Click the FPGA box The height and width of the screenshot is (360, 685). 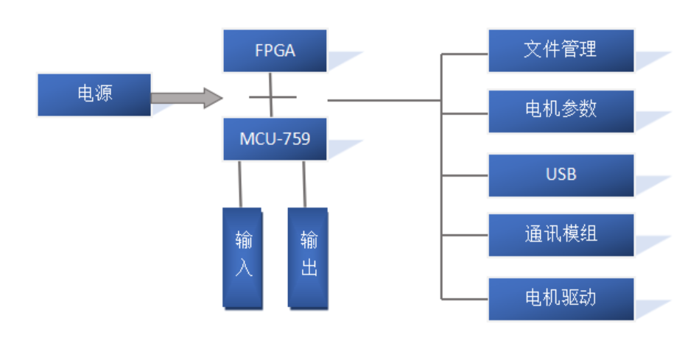coord(275,50)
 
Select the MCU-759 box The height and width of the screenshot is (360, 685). coord(275,139)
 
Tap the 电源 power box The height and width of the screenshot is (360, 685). coord(94,94)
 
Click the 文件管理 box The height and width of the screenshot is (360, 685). coord(561,50)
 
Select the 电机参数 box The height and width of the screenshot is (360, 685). coord(561,110)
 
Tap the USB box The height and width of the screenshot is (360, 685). coord(561,175)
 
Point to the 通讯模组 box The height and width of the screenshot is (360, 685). coord(561,235)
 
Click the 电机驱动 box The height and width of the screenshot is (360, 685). coord(561,298)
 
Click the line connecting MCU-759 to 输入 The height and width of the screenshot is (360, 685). coord(240,184)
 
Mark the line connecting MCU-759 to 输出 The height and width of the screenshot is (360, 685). coord(304,184)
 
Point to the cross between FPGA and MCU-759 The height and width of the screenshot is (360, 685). coord(272,96)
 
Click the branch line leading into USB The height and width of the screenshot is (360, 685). coord(464,176)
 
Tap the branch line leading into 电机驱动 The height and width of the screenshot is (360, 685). coord(464,299)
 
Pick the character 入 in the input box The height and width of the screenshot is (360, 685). coord(243,269)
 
